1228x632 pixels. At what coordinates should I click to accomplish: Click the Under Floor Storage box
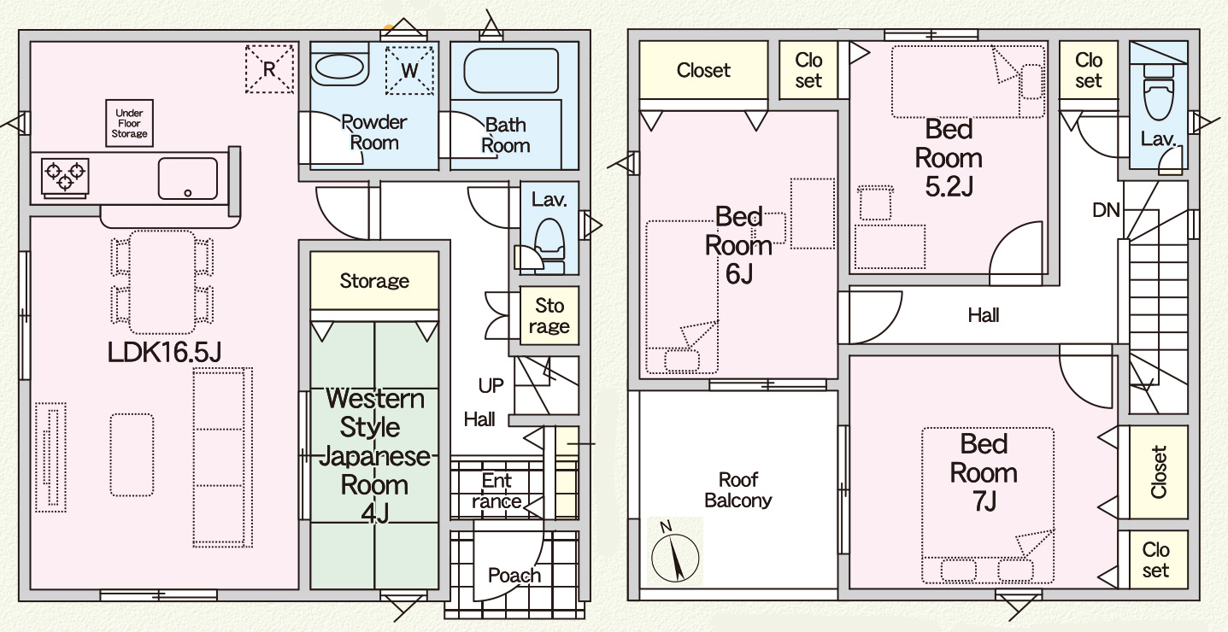click(129, 123)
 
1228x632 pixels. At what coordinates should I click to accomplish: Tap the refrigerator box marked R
click(269, 69)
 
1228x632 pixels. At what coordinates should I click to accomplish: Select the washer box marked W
click(409, 71)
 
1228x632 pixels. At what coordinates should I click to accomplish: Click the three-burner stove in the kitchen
click(65, 178)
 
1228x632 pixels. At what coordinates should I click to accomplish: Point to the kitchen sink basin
click(187, 178)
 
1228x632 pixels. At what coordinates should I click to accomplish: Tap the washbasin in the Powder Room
click(340, 69)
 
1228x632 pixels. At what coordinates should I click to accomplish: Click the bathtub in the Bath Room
click(511, 71)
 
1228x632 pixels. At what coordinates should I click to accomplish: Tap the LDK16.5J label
click(164, 352)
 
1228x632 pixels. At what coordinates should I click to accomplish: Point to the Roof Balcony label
click(737, 490)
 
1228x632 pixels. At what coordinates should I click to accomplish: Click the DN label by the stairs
click(1106, 210)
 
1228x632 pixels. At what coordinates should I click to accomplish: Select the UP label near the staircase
click(491, 385)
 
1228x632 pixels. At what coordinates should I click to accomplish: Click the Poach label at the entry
click(514, 575)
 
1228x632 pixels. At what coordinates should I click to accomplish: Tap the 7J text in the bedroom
click(984, 501)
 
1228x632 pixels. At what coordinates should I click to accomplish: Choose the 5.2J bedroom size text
click(949, 187)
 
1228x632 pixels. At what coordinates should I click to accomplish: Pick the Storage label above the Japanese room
click(374, 280)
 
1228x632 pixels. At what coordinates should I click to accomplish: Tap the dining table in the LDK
click(162, 282)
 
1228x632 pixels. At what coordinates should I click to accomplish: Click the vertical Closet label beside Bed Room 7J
click(1159, 472)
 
